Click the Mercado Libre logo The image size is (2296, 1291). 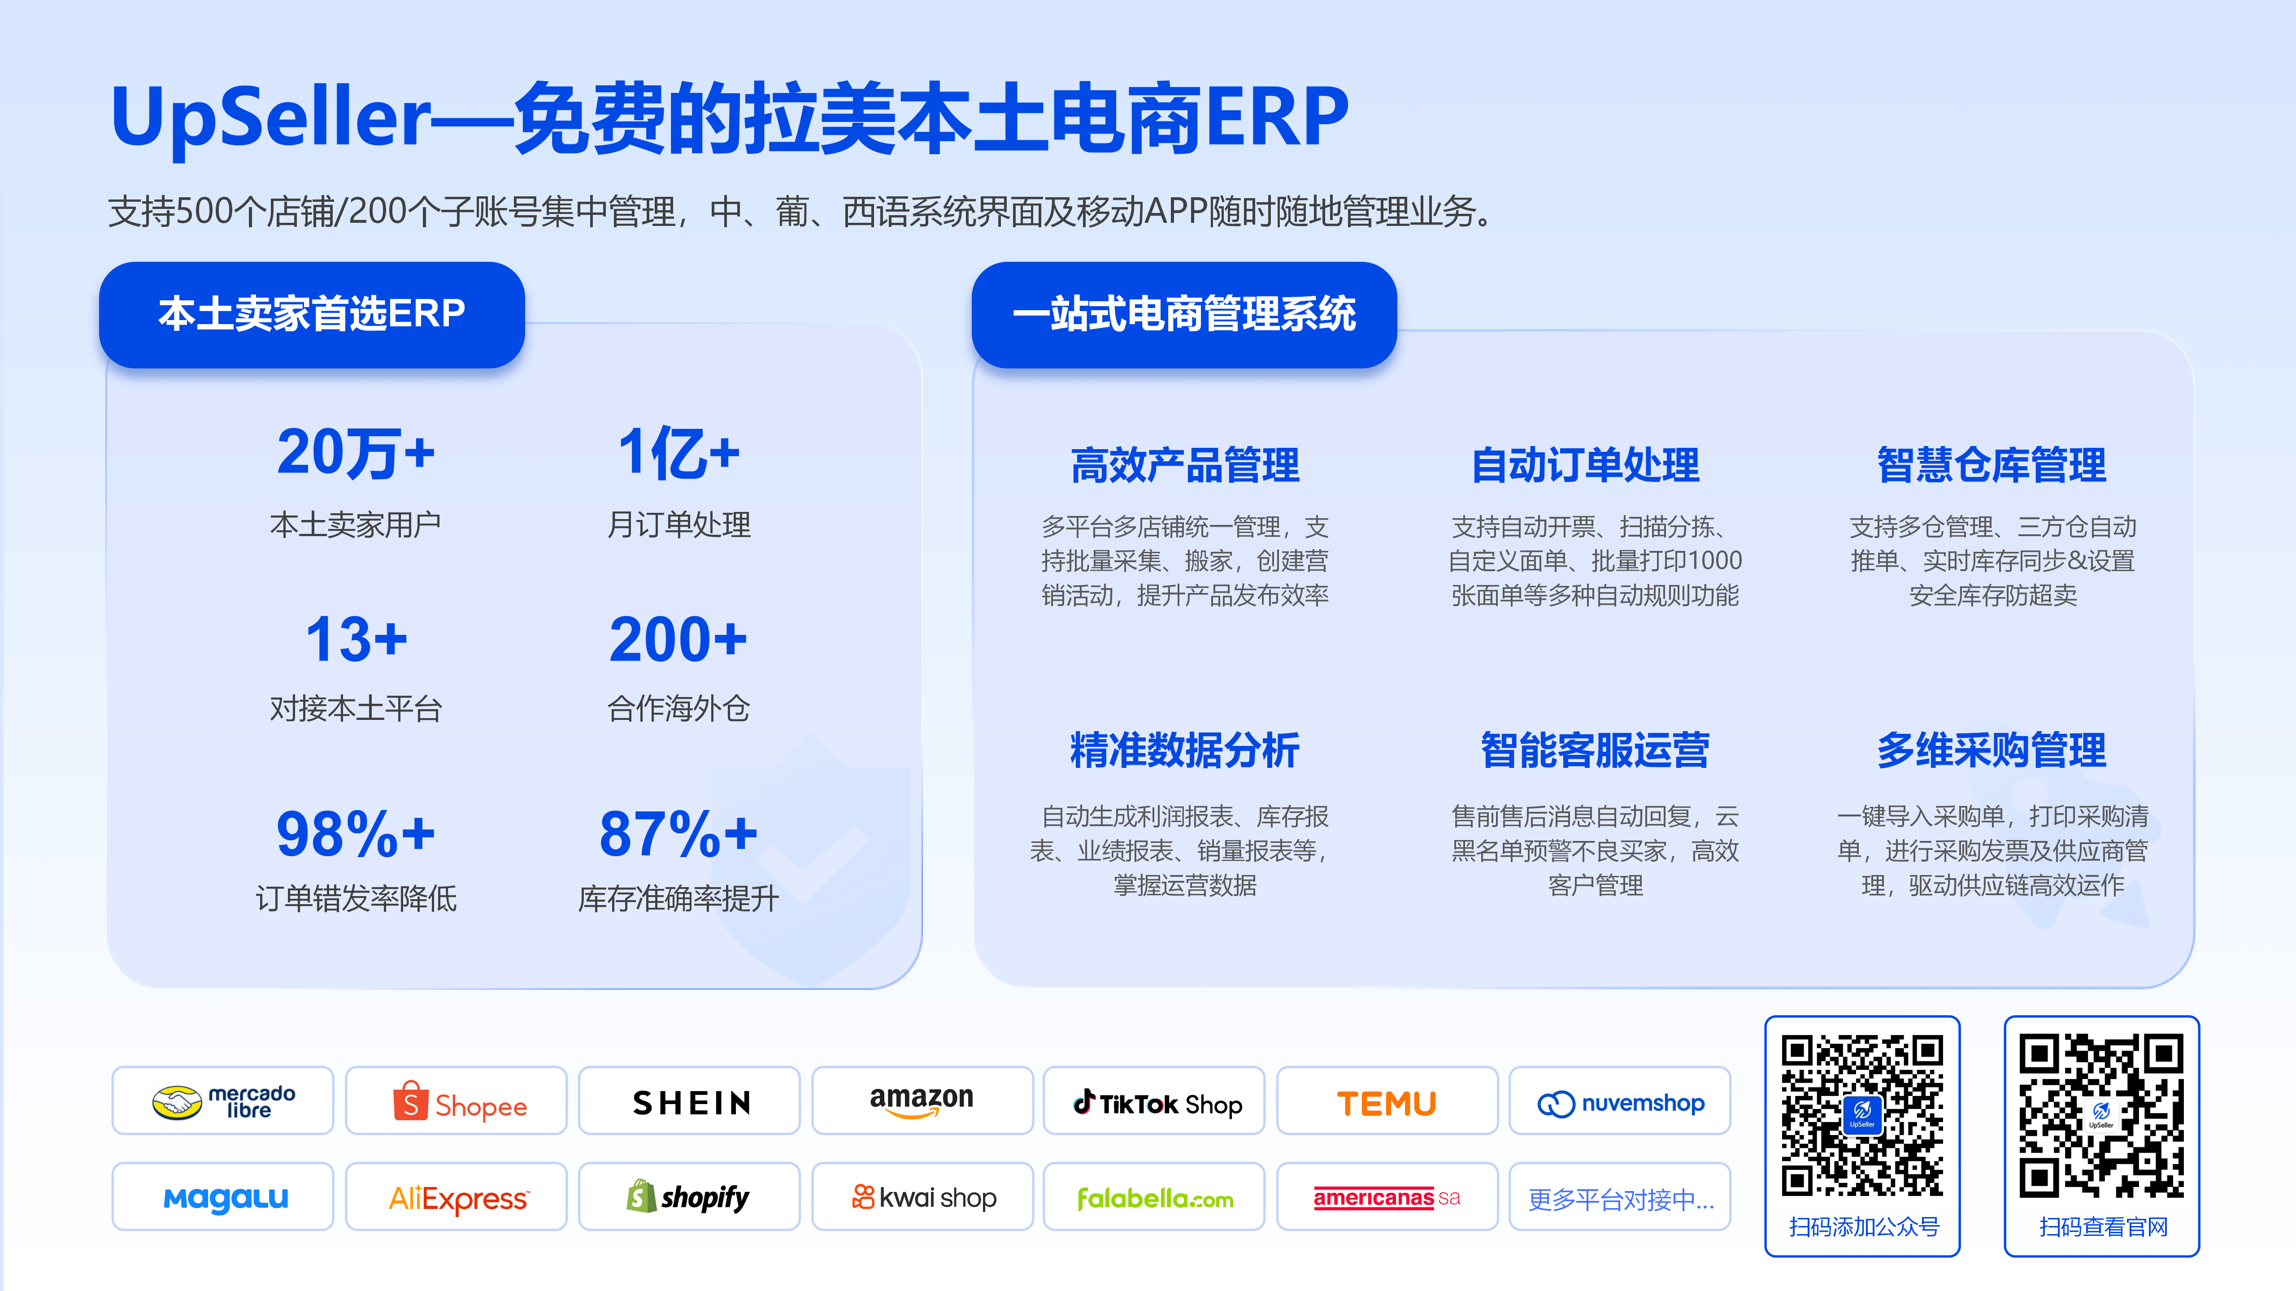tap(223, 1101)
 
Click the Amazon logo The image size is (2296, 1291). tap(922, 1101)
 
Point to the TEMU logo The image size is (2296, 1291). tap(1387, 1103)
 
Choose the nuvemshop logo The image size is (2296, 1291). tap(1620, 1103)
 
